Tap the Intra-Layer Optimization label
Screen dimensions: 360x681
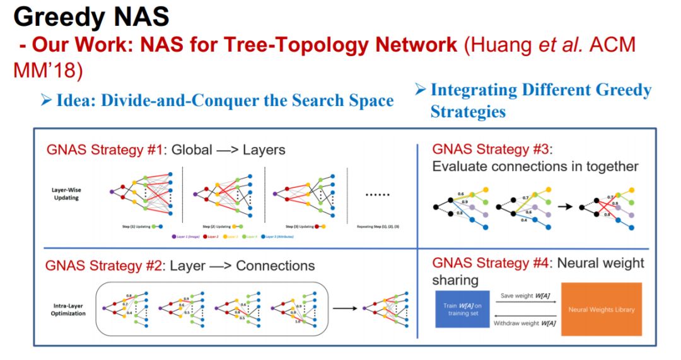[x=68, y=310]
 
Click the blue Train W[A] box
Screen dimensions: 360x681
[x=462, y=310]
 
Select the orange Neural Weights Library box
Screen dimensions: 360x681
[x=601, y=310]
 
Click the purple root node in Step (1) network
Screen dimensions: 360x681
[x=112, y=190]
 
